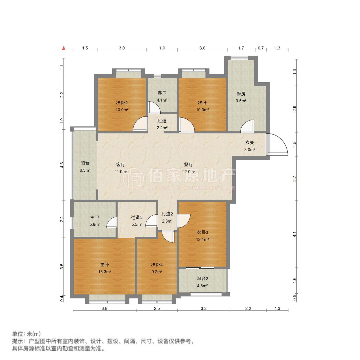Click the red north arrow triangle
[x=64, y=48]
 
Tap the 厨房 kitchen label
[x=241, y=94]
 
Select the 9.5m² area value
[x=241, y=101]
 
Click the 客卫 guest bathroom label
[x=162, y=93]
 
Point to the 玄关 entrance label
[x=249, y=143]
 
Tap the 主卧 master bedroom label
[x=104, y=265]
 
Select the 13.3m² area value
[x=104, y=272]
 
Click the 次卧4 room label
[x=157, y=265]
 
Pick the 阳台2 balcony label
[x=202, y=278]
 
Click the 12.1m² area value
[x=202, y=239]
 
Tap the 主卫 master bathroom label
[x=95, y=217]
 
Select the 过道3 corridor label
[x=137, y=217]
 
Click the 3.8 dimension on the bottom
[x=104, y=308]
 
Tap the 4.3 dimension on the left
[x=62, y=165]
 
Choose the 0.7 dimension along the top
[x=261, y=48]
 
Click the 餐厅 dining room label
[x=189, y=164]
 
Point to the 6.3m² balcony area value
[x=85, y=170]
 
